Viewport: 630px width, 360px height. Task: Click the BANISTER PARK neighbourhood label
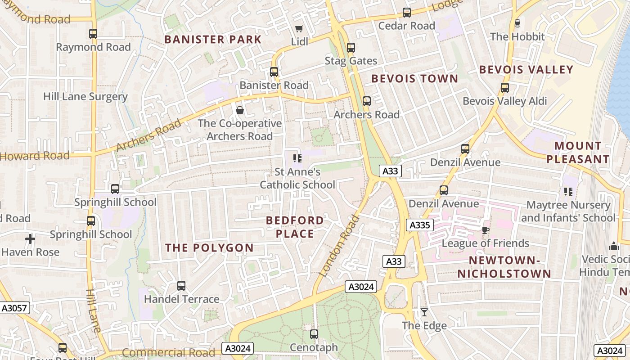click(x=212, y=40)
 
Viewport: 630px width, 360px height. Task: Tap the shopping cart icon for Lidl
click(x=299, y=28)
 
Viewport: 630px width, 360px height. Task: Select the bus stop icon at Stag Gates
click(x=351, y=47)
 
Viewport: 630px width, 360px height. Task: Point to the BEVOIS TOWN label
click(x=414, y=79)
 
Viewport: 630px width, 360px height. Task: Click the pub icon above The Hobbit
click(x=517, y=23)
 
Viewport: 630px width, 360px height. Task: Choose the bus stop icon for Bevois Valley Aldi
click(x=505, y=88)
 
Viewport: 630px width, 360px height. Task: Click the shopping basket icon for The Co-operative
click(x=240, y=110)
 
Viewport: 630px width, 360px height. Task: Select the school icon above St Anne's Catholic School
click(x=297, y=158)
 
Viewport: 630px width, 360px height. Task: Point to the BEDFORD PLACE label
click(x=295, y=227)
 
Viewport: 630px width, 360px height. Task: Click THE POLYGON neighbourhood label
click(x=209, y=248)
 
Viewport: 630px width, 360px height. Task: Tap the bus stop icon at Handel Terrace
click(x=181, y=286)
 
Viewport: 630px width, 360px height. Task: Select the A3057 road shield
click(x=15, y=308)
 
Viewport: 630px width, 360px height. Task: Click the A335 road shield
click(x=419, y=225)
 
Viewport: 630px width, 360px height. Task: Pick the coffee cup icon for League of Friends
click(x=485, y=230)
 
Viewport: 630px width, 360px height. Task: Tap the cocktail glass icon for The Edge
click(x=424, y=312)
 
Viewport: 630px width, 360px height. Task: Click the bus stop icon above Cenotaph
click(x=314, y=334)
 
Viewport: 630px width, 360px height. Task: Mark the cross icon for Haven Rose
click(x=30, y=239)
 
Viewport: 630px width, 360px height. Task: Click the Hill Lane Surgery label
click(x=85, y=97)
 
